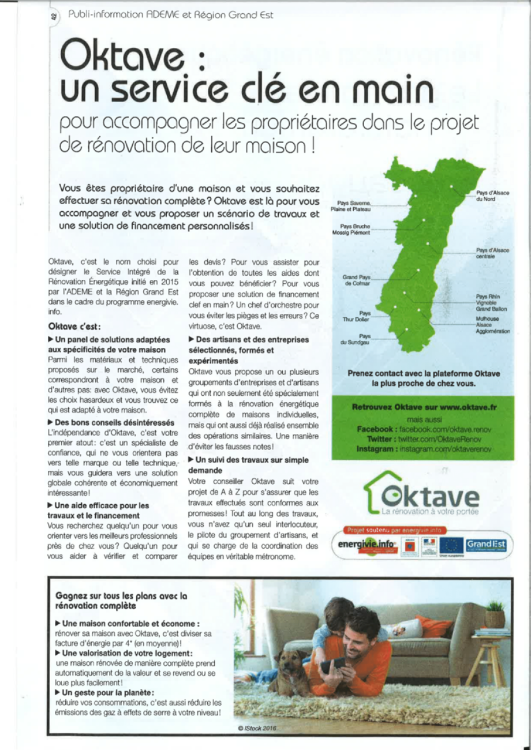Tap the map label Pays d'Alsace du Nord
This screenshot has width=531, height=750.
pyautogui.click(x=492, y=196)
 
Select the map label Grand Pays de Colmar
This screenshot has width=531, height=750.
pyautogui.click(x=356, y=280)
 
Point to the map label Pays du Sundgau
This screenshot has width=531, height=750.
pyautogui.click(x=356, y=339)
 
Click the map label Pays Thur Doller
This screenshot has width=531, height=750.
pyautogui.click(x=356, y=316)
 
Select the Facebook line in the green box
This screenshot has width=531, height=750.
pyautogui.click(x=424, y=429)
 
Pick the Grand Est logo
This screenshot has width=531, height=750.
pyautogui.click(x=486, y=544)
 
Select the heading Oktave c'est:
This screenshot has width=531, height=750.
pyautogui.click(x=75, y=327)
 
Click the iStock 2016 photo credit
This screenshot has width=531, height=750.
pyautogui.click(x=257, y=728)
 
